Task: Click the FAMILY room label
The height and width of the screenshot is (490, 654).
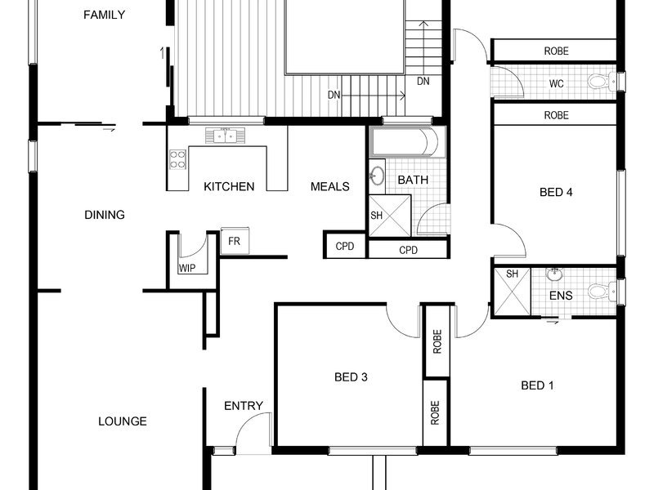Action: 104,15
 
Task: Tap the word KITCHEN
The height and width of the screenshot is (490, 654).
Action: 229,186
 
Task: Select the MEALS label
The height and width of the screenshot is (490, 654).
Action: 330,186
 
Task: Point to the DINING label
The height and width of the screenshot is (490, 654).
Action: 105,215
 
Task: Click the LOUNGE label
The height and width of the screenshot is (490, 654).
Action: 122,421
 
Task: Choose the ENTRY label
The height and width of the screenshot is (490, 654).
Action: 244,405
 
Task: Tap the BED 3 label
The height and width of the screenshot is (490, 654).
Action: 351,377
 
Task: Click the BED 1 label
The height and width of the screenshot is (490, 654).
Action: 537,385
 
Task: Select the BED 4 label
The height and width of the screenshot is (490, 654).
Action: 556,192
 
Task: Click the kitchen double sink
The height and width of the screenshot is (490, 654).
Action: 226,136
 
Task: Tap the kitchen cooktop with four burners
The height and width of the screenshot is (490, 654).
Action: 177,159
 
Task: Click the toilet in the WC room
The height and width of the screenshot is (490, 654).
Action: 602,81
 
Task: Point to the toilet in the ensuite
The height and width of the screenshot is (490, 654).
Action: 602,291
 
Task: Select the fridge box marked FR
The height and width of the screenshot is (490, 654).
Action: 235,241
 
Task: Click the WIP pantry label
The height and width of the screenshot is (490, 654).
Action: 187,269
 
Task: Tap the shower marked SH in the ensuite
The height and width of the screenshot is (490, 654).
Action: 513,292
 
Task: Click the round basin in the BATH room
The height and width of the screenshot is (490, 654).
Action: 377,176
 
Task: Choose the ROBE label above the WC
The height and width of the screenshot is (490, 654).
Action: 556,51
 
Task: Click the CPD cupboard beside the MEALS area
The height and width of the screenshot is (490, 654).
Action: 345,246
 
